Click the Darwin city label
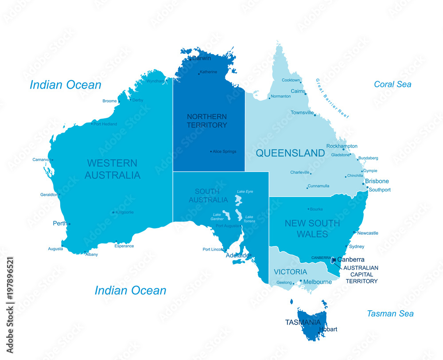tap(202, 58)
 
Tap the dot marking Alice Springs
tap(211, 152)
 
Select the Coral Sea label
tap(392, 84)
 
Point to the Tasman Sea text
tap(390, 313)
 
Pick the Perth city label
tap(60, 223)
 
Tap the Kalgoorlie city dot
tap(113, 212)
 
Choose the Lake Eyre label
tap(245, 192)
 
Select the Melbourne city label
tap(317, 282)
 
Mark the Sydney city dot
tap(346, 247)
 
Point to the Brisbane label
tap(377, 181)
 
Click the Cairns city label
tap(298, 91)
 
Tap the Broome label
tap(109, 101)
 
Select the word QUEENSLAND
tap(290, 153)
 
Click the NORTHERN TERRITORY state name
tap(207, 121)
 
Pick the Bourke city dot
tap(308, 209)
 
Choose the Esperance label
tap(124, 246)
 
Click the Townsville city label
tap(302, 113)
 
